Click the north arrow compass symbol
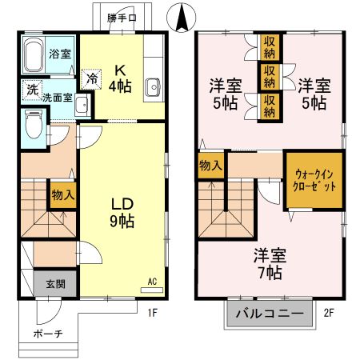point(181,14)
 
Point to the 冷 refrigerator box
point(92,79)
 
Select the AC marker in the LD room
point(151,281)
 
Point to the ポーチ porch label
point(49,334)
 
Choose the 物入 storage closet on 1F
point(63,194)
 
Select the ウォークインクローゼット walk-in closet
point(310,179)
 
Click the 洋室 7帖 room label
point(270,264)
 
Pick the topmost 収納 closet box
point(270,44)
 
